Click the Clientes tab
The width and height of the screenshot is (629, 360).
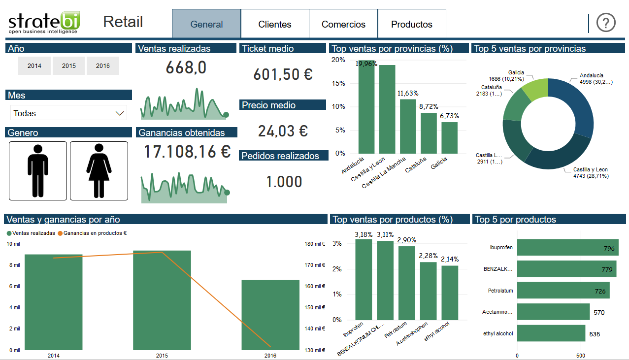275,24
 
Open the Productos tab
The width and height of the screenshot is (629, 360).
412,24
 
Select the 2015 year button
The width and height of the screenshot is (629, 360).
69,66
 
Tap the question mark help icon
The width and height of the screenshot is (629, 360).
606,23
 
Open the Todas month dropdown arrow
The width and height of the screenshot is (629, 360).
120,113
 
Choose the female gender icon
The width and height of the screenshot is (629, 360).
99,171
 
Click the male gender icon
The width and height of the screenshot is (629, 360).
38,171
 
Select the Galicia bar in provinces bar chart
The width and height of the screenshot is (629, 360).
449,138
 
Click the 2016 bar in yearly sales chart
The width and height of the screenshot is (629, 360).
270,315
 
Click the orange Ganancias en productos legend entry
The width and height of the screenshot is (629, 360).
93,233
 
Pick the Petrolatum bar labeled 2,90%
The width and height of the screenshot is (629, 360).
407,283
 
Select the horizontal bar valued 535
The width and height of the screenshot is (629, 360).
551,333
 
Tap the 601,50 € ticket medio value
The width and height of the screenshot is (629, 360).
283,74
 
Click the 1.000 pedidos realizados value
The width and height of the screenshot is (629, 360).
284,182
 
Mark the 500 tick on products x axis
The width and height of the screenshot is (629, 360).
581,355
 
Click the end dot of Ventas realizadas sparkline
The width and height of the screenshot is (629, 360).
226,115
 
